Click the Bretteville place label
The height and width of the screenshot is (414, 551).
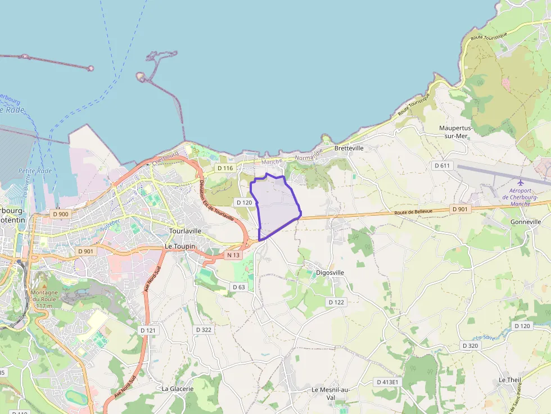[x=349, y=148]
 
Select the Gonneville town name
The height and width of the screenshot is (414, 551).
[x=525, y=222]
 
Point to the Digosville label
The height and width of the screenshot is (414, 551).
[x=330, y=272]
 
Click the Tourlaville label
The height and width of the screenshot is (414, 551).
[x=185, y=231]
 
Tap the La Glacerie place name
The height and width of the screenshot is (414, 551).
[x=178, y=388]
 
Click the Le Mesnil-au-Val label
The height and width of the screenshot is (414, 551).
[x=331, y=393]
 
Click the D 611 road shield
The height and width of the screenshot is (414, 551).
[x=442, y=165]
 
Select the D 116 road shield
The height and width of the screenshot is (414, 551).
[x=225, y=168]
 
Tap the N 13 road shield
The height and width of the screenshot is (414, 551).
[x=233, y=255]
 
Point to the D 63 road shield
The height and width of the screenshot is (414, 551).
[x=239, y=287]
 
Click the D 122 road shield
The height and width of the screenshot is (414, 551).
[x=336, y=302]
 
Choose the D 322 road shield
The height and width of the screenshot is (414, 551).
[x=203, y=330]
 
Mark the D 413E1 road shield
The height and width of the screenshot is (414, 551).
[x=387, y=382]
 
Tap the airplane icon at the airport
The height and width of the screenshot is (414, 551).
[x=521, y=183]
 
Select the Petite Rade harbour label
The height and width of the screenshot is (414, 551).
[x=35, y=171]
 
